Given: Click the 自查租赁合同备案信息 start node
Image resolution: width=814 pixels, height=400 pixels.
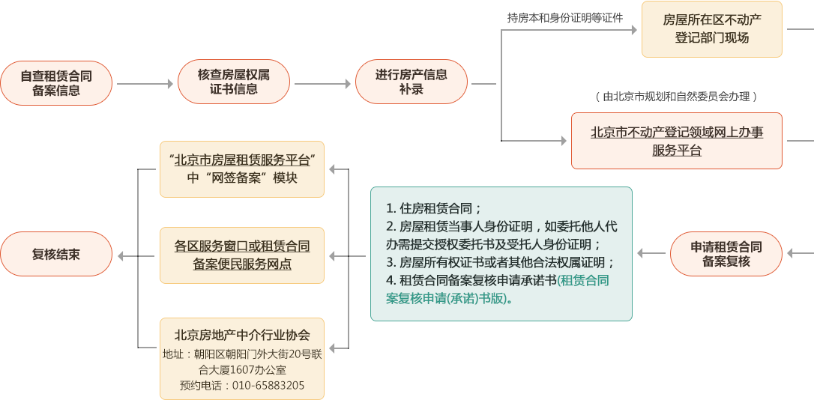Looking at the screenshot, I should point(56,83).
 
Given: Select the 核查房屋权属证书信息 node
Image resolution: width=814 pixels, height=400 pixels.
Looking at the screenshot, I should point(234,82).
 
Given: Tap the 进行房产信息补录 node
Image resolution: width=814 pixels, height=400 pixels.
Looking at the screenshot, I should point(411,82).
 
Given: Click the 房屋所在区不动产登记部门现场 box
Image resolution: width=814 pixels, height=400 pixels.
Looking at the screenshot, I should point(711,29).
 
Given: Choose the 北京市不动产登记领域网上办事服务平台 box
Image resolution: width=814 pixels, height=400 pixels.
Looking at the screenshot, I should point(676,141).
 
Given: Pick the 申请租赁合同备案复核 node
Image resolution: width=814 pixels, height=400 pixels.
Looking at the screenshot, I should point(726,254).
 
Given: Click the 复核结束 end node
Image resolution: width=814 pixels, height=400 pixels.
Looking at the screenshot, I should point(56,255).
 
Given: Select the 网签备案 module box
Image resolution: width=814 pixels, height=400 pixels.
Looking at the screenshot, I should point(241,169).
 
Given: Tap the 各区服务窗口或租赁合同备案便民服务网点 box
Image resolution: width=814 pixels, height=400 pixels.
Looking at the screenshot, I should point(241,255).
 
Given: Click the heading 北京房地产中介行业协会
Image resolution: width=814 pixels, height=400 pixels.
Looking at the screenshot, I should point(241,335).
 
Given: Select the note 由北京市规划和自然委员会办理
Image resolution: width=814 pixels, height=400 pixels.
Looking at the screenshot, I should point(676,97).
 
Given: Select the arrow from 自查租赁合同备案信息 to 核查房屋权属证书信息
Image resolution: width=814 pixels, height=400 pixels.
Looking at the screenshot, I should point(145,84).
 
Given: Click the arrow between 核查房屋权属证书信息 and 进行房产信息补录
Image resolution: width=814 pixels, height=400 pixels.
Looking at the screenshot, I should point(322,84).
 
